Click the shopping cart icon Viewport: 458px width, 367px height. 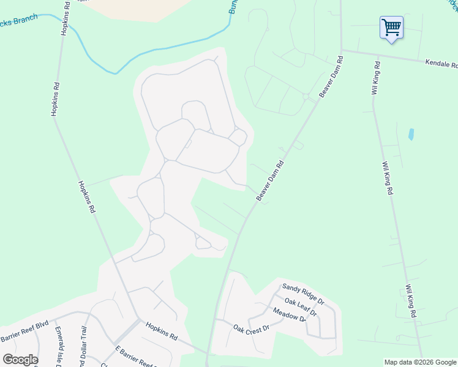[x=391, y=28]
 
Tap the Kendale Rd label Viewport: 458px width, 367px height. [x=441, y=64]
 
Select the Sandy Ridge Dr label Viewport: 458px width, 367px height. [x=302, y=294]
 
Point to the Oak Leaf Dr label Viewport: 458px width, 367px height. [x=301, y=307]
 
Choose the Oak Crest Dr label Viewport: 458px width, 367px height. [x=251, y=328]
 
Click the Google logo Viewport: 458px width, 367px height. [x=20, y=360]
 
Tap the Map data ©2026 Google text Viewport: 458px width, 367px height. [x=420, y=362]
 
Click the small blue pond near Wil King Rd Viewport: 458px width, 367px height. [x=411, y=134]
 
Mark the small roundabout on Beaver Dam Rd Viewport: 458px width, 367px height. [x=305, y=97]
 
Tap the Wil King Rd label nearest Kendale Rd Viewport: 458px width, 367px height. [x=376, y=78]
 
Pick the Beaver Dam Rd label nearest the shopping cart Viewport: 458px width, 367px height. [x=331, y=78]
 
